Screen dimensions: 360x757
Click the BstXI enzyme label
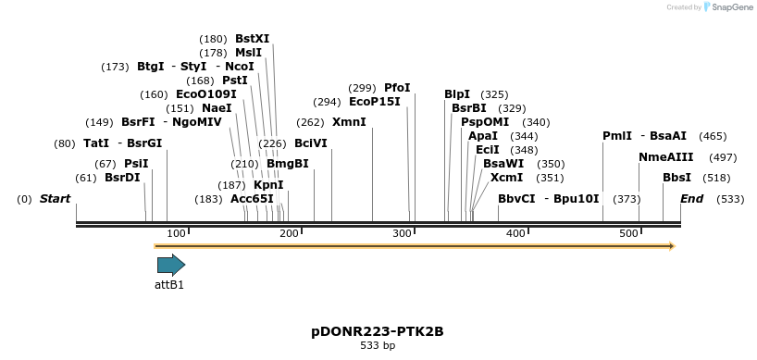point(252,39)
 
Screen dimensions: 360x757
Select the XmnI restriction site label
point(349,122)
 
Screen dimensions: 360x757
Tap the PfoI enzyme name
point(397,88)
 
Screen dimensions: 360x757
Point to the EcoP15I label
point(375,102)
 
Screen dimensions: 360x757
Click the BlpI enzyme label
point(457,94)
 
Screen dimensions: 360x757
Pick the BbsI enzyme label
point(676,178)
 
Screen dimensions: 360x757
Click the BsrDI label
point(122,178)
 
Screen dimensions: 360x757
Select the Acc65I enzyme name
point(252,199)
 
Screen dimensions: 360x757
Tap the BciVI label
point(311,143)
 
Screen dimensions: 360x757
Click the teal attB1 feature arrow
point(171,265)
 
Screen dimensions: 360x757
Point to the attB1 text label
point(169,285)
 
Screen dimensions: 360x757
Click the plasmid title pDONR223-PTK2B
point(378,331)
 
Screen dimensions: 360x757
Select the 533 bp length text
point(378,346)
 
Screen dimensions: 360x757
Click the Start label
point(55,199)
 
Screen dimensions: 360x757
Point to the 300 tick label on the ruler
point(402,233)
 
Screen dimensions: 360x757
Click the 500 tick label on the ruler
point(628,233)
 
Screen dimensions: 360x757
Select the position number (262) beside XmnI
point(310,122)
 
